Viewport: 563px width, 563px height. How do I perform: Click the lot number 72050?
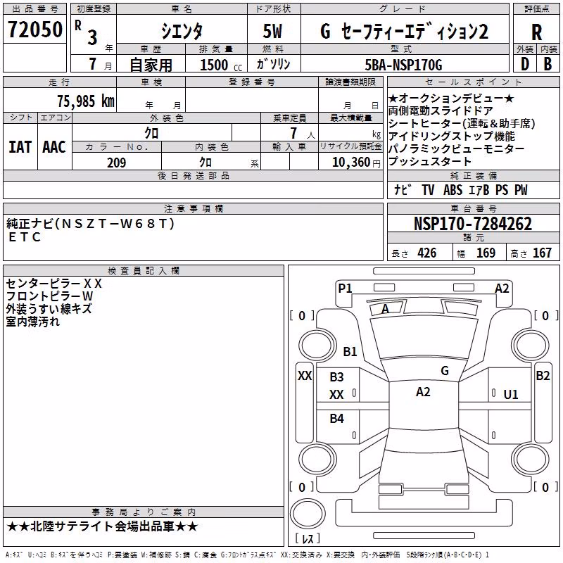coord(35,30)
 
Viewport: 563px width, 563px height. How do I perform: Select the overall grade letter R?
coord(536,32)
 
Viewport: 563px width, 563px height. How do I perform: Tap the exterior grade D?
coord(525,64)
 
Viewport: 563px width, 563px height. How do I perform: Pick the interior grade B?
coord(548,64)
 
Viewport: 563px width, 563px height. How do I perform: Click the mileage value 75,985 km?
coord(86,101)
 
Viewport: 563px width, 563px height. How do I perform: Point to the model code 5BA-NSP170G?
coord(403,65)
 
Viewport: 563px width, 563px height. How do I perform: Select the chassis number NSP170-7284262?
coord(473,224)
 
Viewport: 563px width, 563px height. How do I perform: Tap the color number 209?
coord(116,163)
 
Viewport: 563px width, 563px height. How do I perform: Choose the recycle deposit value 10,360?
coord(351,163)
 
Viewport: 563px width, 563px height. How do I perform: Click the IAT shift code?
coord(20,147)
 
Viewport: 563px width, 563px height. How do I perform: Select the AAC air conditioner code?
coord(54,147)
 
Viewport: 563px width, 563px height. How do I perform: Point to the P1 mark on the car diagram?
coord(345,288)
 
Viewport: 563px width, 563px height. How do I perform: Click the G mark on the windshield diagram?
coord(445,371)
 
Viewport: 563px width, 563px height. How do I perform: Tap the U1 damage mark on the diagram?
coord(511,395)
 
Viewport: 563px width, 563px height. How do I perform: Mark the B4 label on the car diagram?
coord(337,418)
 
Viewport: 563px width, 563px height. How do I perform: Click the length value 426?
coord(427,253)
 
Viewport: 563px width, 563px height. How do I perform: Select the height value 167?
coord(542,253)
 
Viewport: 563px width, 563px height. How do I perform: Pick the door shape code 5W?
coord(272,31)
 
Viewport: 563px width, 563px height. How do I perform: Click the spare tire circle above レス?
coord(308,514)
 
